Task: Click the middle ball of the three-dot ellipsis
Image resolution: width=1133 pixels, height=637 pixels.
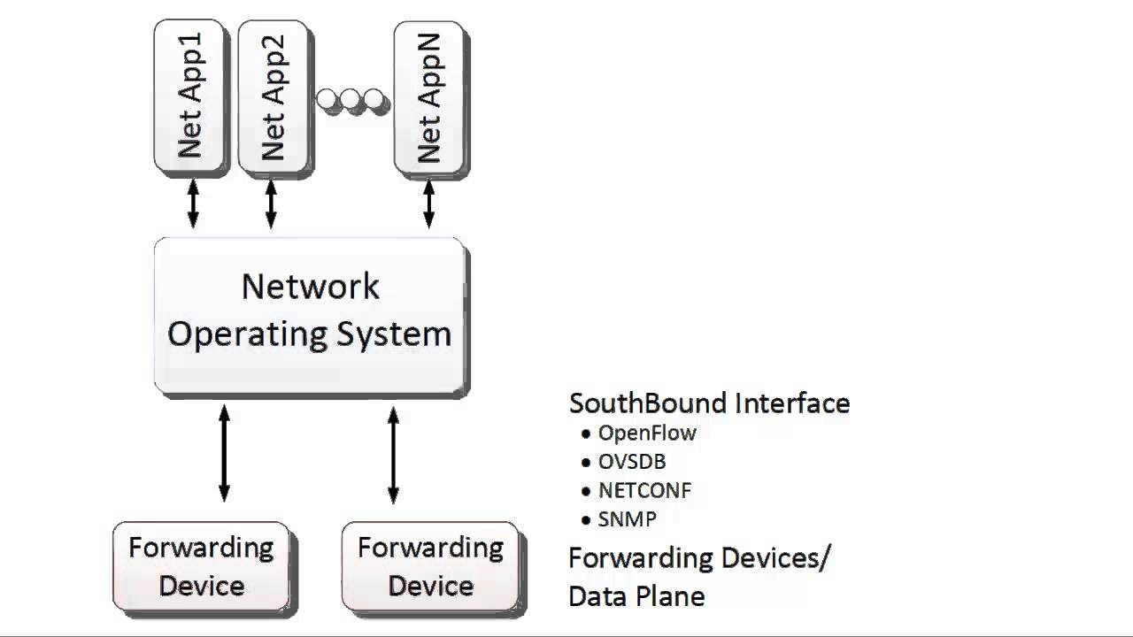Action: click(x=354, y=100)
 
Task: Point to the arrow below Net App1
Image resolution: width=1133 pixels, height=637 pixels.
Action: click(x=193, y=203)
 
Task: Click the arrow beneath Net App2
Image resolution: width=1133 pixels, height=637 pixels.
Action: click(x=272, y=203)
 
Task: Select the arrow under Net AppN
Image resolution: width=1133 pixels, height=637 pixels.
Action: click(x=429, y=203)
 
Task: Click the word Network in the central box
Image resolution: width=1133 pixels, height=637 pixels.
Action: click(x=310, y=287)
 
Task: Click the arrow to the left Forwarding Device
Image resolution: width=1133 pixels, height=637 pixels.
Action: click(x=224, y=453)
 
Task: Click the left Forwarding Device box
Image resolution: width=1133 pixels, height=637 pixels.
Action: click(x=201, y=566)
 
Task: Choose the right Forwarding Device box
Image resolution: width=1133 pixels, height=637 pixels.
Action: click(x=430, y=566)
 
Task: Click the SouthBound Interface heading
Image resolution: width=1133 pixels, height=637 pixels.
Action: click(x=709, y=403)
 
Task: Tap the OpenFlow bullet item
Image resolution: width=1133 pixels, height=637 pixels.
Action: click(x=646, y=433)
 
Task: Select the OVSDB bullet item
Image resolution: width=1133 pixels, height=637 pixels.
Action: click(x=631, y=462)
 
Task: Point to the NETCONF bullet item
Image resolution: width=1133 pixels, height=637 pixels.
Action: click(x=644, y=490)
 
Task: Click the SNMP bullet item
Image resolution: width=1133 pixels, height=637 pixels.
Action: click(x=627, y=519)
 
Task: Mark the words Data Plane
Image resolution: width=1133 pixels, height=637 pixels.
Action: click(x=636, y=596)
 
